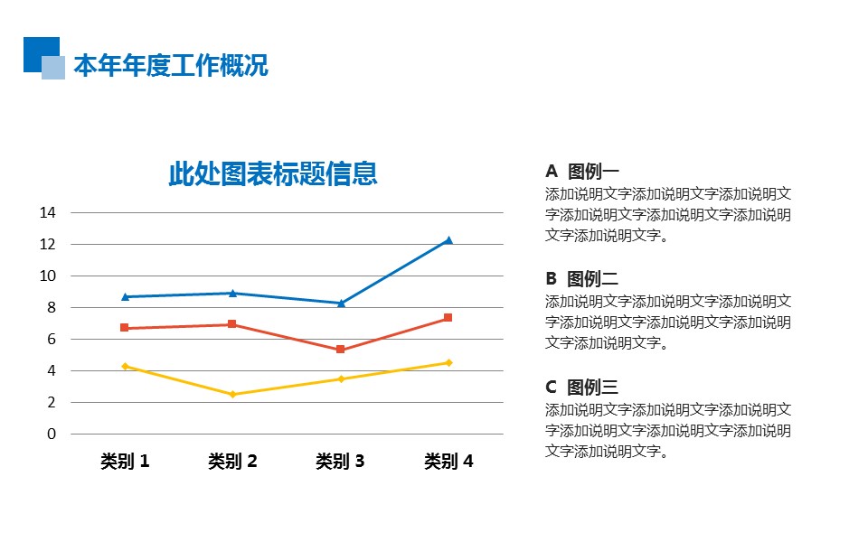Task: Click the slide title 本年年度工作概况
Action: click(171, 66)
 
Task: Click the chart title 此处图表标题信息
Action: click(272, 173)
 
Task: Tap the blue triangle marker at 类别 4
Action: click(448, 240)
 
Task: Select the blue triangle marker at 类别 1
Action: click(125, 296)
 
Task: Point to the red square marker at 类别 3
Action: click(340, 350)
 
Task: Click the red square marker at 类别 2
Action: click(232, 324)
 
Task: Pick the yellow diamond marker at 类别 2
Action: click(232, 394)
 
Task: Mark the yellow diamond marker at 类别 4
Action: click(448, 362)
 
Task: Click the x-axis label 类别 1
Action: click(125, 462)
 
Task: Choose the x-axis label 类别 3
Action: click(340, 462)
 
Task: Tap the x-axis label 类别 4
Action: click(448, 462)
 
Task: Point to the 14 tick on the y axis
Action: click(48, 213)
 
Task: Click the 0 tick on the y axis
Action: click(52, 435)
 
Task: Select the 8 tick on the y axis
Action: click(52, 308)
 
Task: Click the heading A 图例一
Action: click(582, 172)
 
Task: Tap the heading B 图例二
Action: click(582, 279)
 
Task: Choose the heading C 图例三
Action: click(582, 388)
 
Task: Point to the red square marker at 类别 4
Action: click(448, 318)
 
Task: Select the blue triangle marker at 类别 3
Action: click(340, 303)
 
